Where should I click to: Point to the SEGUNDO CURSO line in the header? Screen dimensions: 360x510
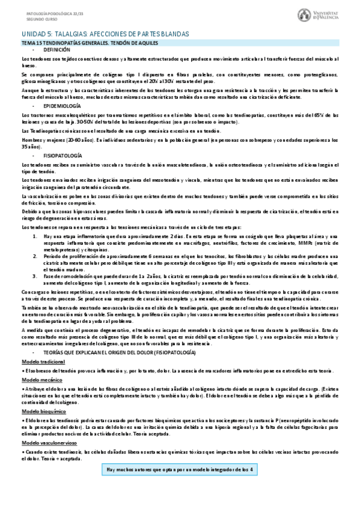(x=26, y=18)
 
